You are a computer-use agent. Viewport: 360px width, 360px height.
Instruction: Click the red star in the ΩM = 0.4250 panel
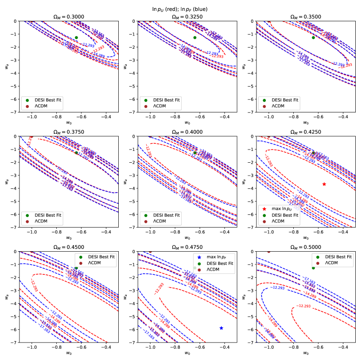(324, 184)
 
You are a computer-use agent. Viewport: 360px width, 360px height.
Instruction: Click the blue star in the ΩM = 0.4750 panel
(221, 328)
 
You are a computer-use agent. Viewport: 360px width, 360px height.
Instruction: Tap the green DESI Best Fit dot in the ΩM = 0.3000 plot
(76, 37)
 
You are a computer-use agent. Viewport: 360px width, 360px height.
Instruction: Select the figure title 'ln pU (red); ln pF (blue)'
(180, 8)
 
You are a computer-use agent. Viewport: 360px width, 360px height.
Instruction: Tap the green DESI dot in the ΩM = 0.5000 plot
(313, 268)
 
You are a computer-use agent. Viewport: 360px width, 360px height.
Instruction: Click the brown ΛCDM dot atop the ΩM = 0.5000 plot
(269, 252)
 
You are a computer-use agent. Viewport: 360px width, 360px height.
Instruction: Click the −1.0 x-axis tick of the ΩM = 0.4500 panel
(32, 347)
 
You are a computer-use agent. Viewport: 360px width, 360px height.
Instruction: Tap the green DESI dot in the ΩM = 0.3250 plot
(194, 37)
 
